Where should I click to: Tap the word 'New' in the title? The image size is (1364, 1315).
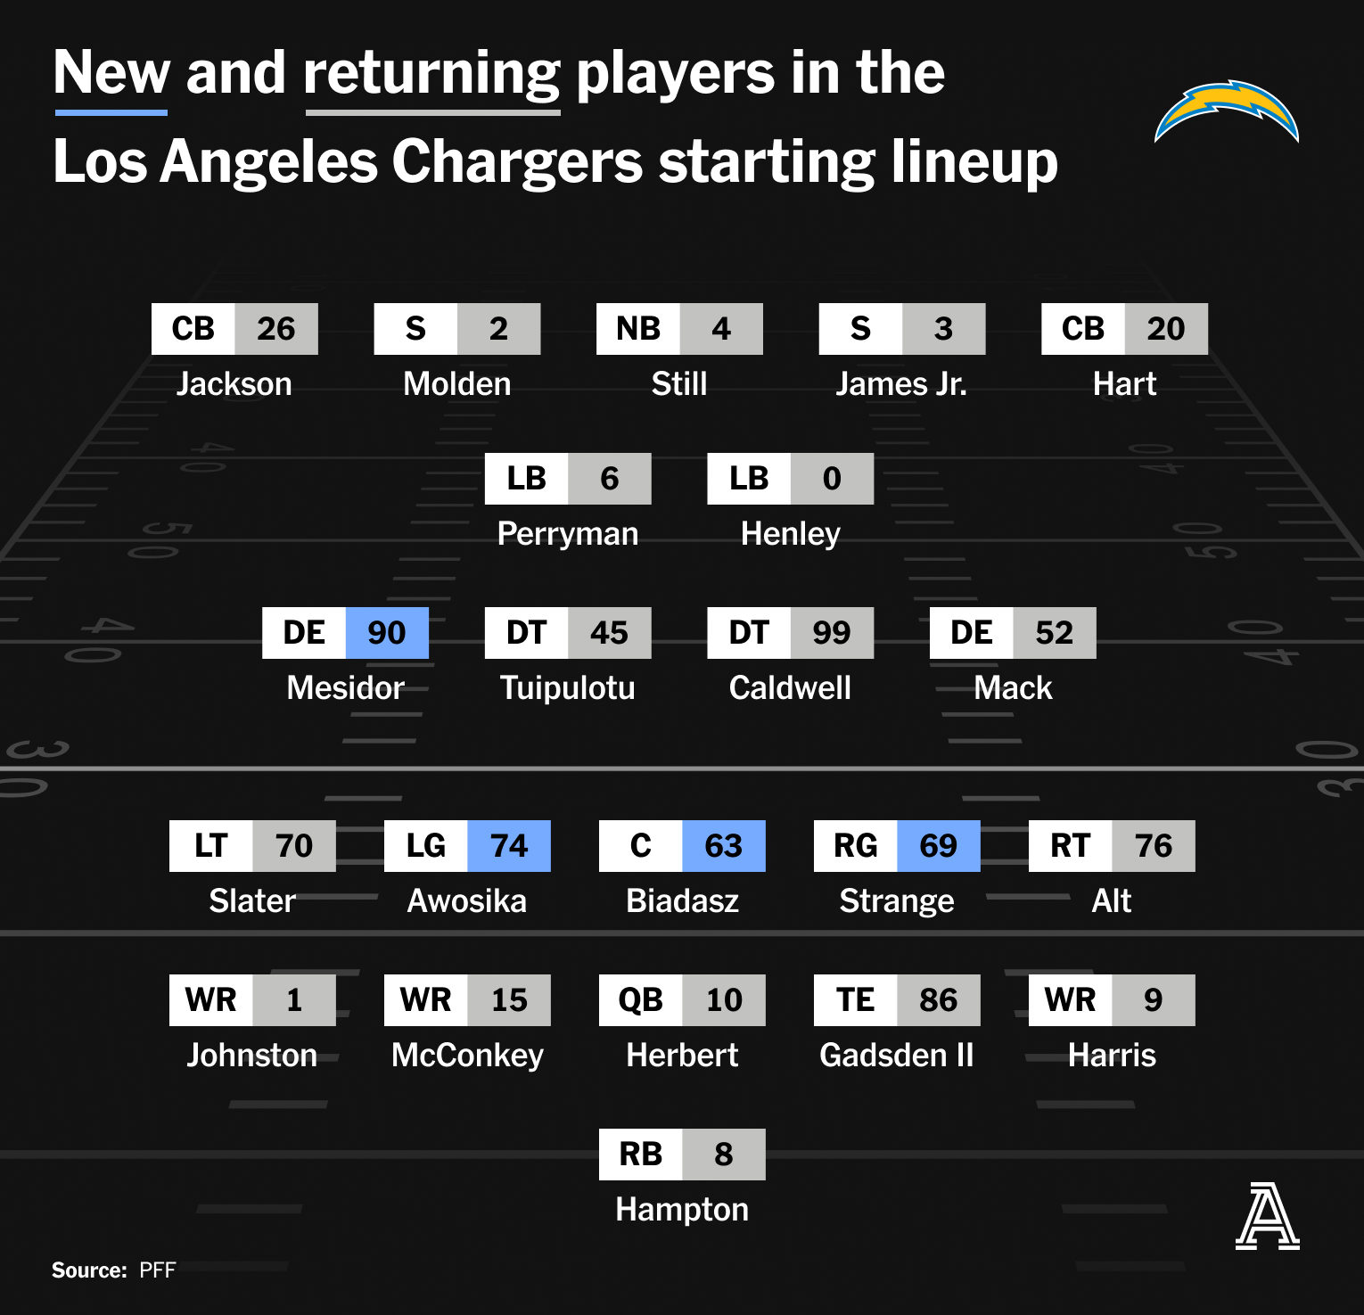(x=111, y=72)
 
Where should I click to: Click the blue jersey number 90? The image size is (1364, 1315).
(x=387, y=633)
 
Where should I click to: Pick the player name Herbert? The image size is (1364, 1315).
(x=682, y=1056)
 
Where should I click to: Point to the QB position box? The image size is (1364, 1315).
(x=641, y=1000)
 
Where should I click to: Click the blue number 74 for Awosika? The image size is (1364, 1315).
(x=509, y=846)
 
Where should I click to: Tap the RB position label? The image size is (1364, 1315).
(x=641, y=1155)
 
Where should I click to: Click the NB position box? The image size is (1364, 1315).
(x=638, y=329)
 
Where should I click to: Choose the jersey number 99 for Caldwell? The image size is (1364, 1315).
(x=832, y=633)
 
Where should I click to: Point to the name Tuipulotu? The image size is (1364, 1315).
(x=568, y=688)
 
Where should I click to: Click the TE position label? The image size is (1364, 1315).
(x=856, y=1000)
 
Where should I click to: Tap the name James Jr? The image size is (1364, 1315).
(x=901, y=384)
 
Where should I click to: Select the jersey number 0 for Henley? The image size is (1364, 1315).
(x=832, y=479)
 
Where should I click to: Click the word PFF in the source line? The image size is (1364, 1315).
(x=158, y=1270)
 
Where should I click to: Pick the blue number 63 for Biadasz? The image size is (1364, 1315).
(x=724, y=846)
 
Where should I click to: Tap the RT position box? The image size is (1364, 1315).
(x=1071, y=846)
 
